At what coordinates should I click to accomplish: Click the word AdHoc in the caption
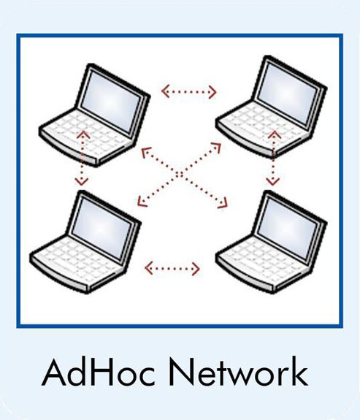[x=99, y=372]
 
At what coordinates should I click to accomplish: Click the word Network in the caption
[x=239, y=372]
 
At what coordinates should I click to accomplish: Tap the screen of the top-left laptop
[x=110, y=102]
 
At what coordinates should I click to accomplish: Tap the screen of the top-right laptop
[x=288, y=93]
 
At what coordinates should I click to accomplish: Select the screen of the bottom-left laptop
[x=102, y=228]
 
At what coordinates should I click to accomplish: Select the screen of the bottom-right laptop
[x=288, y=229]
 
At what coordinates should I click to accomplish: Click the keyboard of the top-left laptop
[x=85, y=135]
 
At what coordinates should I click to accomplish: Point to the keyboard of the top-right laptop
[x=262, y=126]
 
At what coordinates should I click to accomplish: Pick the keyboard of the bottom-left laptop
[x=77, y=261]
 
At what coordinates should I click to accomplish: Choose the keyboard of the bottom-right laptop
[x=261, y=261]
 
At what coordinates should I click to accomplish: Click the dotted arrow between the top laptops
[x=189, y=91]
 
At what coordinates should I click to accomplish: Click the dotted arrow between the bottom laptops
[x=172, y=268]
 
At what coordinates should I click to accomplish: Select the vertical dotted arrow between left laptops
[x=82, y=158]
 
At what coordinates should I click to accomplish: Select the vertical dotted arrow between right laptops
[x=273, y=158]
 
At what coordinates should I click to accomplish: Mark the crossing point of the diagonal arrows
[x=180, y=175]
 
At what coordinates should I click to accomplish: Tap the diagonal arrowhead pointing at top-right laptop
[x=216, y=147]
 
